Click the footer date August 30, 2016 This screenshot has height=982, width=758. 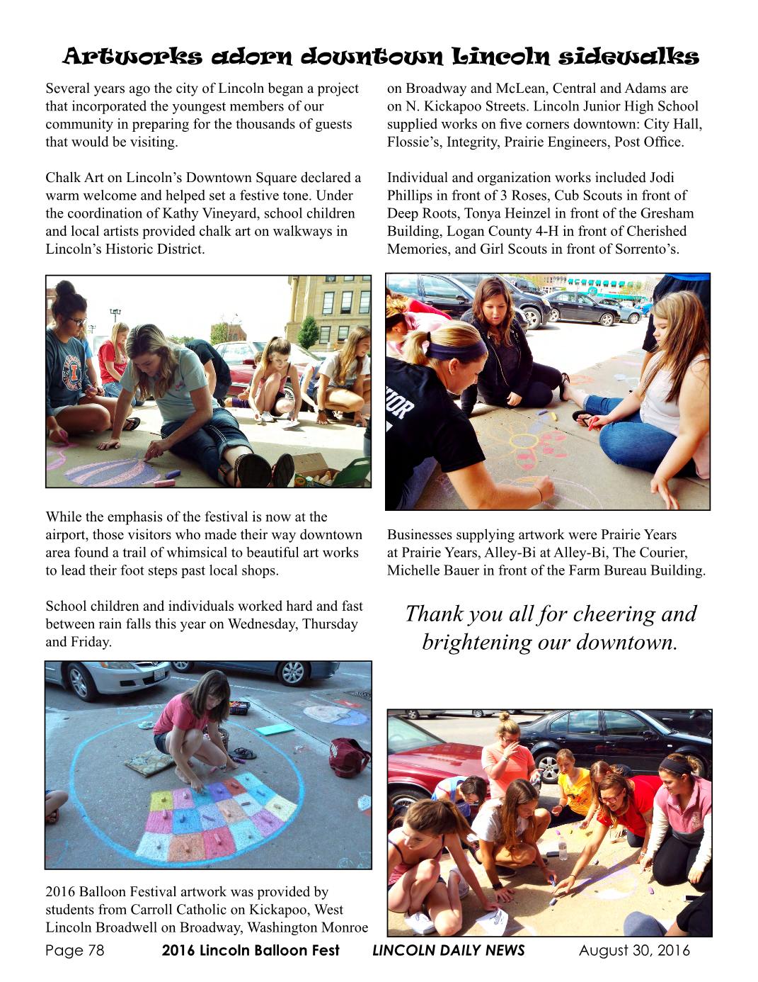[634, 951]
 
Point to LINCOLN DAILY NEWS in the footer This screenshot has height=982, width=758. [449, 951]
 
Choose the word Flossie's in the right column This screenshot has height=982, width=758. [414, 142]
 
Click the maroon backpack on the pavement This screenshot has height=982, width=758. [348, 756]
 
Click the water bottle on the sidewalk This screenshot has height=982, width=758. [563, 848]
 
